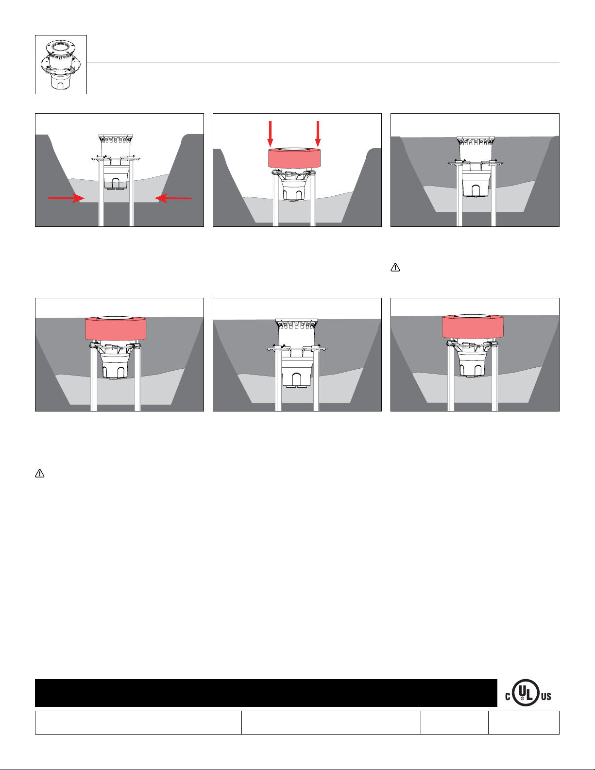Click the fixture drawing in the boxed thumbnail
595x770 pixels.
coord(61,65)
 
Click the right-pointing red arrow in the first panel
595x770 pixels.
coord(66,198)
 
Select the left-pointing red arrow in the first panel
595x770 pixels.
coord(173,198)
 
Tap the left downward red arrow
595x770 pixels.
coord(270,134)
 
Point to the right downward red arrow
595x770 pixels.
coord(318,134)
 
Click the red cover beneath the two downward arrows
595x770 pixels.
coord(294,158)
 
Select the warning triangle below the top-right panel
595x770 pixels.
coord(395,267)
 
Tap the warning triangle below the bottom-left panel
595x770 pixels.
coord(40,473)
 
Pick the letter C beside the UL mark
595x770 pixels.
coord(508,697)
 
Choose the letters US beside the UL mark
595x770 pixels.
coord(546,697)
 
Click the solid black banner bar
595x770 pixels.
coord(266,693)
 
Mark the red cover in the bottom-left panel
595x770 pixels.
coord(116,328)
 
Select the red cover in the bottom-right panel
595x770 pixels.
coord(473,326)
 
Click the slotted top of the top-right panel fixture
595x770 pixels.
coord(476,141)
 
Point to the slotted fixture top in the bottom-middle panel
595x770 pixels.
coord(296,324)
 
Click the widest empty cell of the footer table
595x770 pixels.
coord(138,722)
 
